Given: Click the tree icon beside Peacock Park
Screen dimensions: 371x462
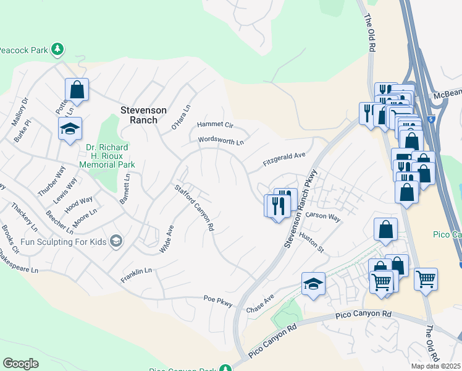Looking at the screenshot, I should [57, 49].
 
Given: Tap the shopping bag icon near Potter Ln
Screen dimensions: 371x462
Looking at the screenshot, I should [77, 90].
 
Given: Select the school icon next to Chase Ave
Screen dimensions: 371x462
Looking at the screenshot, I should [313, 284].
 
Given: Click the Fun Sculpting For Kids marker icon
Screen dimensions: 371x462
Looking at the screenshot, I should [115, 241].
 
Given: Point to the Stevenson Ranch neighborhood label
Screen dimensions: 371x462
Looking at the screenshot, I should [143, 115].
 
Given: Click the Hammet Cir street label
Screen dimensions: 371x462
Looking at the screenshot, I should [215, 125].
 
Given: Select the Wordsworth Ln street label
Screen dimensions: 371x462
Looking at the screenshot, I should [220, 141].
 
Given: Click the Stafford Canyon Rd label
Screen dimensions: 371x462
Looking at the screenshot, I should [194, 208].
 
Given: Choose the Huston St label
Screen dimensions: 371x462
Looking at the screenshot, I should [311, 242].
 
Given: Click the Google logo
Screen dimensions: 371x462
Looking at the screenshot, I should [20, 364].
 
